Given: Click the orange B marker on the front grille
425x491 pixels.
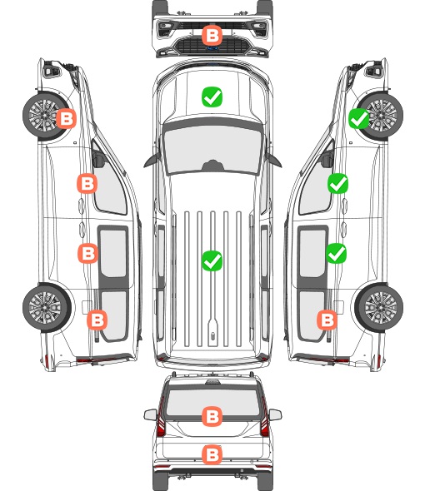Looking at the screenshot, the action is pyautogui.click(x=212, y=36).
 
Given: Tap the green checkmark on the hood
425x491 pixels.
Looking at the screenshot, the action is pyautogui.click(x=212, y=97).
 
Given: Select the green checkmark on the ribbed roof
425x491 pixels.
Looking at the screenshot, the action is pyautogui.click(x=212, y=260).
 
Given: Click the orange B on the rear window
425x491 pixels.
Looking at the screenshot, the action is pyautogui.click(x=212, y=416).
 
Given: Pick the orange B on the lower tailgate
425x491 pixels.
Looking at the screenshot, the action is pyautogui.click(x=212, y=454).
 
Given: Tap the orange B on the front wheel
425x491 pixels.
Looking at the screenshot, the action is pyautogui.click(x=66, y=119).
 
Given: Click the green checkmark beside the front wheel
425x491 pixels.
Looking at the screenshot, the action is pyautogui.click(x=359, y=119).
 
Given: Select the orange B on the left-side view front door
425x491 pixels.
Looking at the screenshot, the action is pyautogui.click(x=87, y=183).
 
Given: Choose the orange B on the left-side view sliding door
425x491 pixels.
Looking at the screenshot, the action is pyautogui.click(x=87, y=253).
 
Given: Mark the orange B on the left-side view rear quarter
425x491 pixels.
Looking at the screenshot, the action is pyautogui.click(x=97, y=320).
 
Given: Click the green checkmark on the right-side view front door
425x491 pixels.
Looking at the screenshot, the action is pyautogui.click(x=337, y=183).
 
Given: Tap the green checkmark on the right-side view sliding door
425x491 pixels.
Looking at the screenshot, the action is pyautogui.click(x=337, y=253).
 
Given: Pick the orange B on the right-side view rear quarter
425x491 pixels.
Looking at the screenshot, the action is pyautogui.click(x=327, y=320).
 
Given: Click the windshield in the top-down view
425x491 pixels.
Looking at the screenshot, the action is pyautogui.click(x=212, y=147).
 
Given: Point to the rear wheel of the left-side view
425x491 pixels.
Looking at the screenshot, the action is pyautogui.click(x=47, y=307).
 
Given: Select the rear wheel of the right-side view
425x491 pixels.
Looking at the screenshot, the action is pyautogui.click(x=379, y=307).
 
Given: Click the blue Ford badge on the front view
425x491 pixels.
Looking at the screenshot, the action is pyautogui.click(x=212, y=48).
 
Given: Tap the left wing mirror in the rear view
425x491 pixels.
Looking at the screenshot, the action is pyautogui.click(x=150, y=414).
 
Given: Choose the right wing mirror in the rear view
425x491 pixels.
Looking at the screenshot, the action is pyautogui.click(x=275, y=414).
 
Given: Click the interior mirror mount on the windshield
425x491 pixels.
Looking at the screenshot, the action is pyautogui.click(x=212, y=166).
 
